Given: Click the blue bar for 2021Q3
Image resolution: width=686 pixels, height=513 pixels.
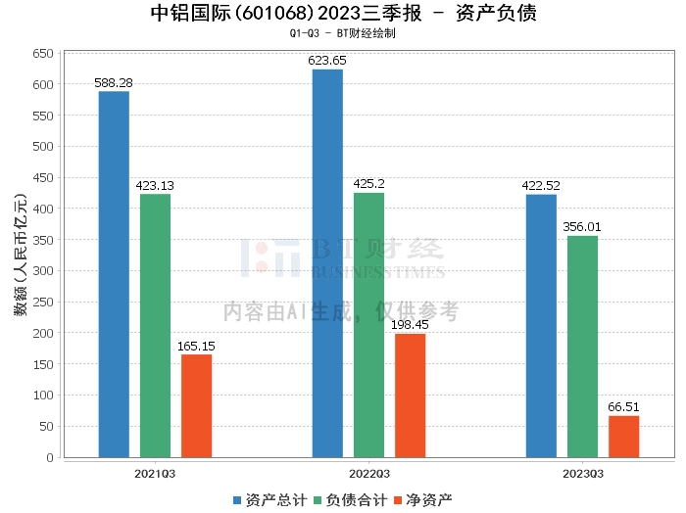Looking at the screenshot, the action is (x=114, y=274).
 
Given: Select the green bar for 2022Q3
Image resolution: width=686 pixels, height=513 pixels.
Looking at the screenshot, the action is (x=368, y=325).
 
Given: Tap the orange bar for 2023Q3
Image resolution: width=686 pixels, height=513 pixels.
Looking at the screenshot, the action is (x=624, y=437).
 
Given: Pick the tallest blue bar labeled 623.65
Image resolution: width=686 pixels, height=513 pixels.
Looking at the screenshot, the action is (x=327, y=263).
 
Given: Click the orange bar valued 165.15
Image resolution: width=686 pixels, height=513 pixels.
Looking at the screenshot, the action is (x=196, y=406).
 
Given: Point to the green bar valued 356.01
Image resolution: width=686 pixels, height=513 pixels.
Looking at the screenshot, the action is (x=582, y=347).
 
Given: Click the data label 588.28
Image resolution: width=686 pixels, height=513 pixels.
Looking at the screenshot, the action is (x=114, y=82).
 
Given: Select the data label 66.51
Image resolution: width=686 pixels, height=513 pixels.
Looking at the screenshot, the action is (x=624, y=407).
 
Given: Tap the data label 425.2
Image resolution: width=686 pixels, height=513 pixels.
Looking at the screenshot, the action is (x=368, y=183).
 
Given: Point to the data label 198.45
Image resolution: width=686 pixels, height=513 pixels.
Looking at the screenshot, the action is (x=410, y=325).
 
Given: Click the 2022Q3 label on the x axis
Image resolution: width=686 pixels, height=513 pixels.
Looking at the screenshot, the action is (x=369, y=474).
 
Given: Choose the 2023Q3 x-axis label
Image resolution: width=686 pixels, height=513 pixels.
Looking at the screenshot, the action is (x=583, y=474).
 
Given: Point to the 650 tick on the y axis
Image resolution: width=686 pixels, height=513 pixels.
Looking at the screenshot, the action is (x=43, y=53).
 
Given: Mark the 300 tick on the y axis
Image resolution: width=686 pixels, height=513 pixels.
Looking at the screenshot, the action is (x=43, y=271).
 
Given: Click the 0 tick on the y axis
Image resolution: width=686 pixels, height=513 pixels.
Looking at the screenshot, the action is (x=50, y=457).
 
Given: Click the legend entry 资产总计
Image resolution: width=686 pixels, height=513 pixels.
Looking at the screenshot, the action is (x=269, y=500).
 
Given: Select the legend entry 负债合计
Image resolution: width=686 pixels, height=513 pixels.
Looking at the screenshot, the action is (x=351, y=500).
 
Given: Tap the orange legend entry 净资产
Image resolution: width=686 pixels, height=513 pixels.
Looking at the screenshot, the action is (x=422, y=500).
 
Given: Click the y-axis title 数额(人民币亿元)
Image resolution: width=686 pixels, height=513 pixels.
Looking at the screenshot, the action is (x=21, y=255).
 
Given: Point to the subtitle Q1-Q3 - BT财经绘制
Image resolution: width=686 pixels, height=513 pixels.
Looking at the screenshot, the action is (x=343, y=33).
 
